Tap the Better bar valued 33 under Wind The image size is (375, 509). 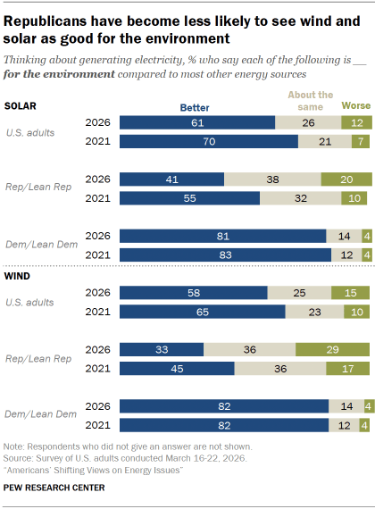pos(162,349)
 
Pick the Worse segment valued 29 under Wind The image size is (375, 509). pos(333,349)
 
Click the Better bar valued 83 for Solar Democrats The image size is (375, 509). pos(224,254)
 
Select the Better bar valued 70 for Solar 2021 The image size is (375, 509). pos(208,141)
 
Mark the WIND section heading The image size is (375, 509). pos(18,277)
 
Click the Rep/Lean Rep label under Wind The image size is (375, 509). pos(32,360)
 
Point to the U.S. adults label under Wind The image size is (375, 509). pos(29,303)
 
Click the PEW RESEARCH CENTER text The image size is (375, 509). pos(54,488)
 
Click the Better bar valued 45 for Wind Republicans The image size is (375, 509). pos(177,369)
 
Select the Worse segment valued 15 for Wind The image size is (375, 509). pos(350,292)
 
